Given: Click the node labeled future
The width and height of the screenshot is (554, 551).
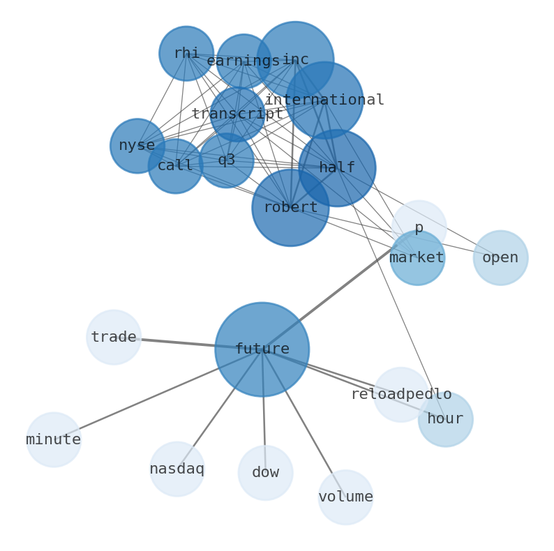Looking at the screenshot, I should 262,349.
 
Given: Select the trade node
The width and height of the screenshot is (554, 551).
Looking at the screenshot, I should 114,338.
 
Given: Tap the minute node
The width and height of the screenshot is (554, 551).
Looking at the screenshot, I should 54,440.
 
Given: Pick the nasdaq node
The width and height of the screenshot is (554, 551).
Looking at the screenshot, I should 177,469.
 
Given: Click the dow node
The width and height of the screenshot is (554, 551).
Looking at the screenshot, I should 265,473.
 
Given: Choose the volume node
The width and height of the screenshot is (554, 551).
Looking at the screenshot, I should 345,497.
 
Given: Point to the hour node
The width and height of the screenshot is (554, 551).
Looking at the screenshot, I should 445,419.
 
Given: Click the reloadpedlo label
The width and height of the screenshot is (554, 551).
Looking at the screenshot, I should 400,395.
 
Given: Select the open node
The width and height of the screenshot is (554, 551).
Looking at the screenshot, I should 500,258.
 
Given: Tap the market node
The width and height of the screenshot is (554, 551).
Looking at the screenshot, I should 417,258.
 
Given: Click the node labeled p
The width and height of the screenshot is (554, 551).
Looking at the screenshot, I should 419,228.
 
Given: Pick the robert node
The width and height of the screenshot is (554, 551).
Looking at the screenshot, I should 290,208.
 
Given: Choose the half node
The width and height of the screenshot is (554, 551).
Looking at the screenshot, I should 337,168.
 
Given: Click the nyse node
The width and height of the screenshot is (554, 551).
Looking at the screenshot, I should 137,146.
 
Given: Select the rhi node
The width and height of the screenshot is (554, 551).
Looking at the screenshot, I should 186,54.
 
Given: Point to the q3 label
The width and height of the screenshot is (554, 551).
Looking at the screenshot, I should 226,160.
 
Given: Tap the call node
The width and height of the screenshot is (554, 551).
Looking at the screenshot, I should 175,166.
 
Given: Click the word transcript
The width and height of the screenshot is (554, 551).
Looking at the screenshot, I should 237,114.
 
